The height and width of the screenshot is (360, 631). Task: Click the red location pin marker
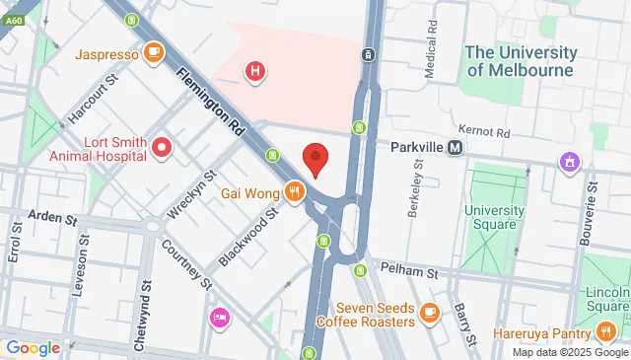(315, 160)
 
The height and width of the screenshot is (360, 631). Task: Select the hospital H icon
(255, 71)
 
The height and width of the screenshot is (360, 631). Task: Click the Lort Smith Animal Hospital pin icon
(163, 149)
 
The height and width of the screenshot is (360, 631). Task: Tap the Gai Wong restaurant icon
(293, 190)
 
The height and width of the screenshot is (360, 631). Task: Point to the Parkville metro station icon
(455, 147)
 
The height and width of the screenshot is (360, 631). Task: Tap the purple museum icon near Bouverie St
(569, 161)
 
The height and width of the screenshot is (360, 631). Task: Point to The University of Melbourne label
(519, 60)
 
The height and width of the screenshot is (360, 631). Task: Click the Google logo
(33, 347)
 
